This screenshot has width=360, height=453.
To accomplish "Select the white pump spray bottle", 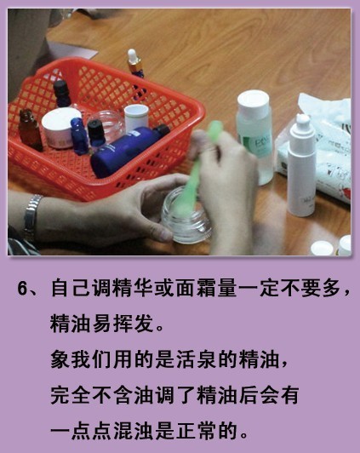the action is (x=301, y=165).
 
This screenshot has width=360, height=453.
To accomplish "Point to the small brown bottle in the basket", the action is (x=30, y=130).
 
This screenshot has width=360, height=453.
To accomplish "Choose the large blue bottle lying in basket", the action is (x=129, y=150).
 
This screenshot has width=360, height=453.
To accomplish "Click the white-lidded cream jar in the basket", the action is (x=60, y=128).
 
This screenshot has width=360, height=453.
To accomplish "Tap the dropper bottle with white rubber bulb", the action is (x=135, y=64).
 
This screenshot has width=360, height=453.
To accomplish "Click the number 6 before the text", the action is (x=22, y=288).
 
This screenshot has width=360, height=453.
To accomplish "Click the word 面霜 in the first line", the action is (x=196, y=288).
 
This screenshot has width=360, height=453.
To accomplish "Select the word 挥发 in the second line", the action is (x=133, y=324).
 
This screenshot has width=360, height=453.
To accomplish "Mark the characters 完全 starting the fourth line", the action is (x=70, y=395).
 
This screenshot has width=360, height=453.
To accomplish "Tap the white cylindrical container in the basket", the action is (x=136, y=118).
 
